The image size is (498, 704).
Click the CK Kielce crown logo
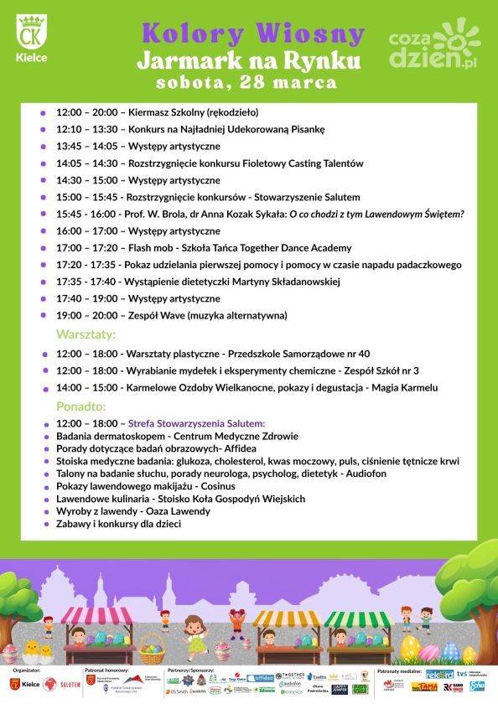(x=32, y=34)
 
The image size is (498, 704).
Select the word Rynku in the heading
(x=322, y=60)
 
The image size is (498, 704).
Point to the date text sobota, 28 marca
(x=246, y=82)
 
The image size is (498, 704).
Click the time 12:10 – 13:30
(x=87, y=129)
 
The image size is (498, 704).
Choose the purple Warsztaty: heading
(x=86, y=334)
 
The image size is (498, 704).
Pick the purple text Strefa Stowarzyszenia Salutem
(x=196, y=423)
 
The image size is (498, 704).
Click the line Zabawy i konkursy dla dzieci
(x=118, y=524)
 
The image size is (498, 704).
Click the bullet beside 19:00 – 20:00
(x=43, y=316)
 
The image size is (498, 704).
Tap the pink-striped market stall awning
(x=97, y=617)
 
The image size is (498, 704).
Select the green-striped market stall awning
(x=358, y=619)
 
